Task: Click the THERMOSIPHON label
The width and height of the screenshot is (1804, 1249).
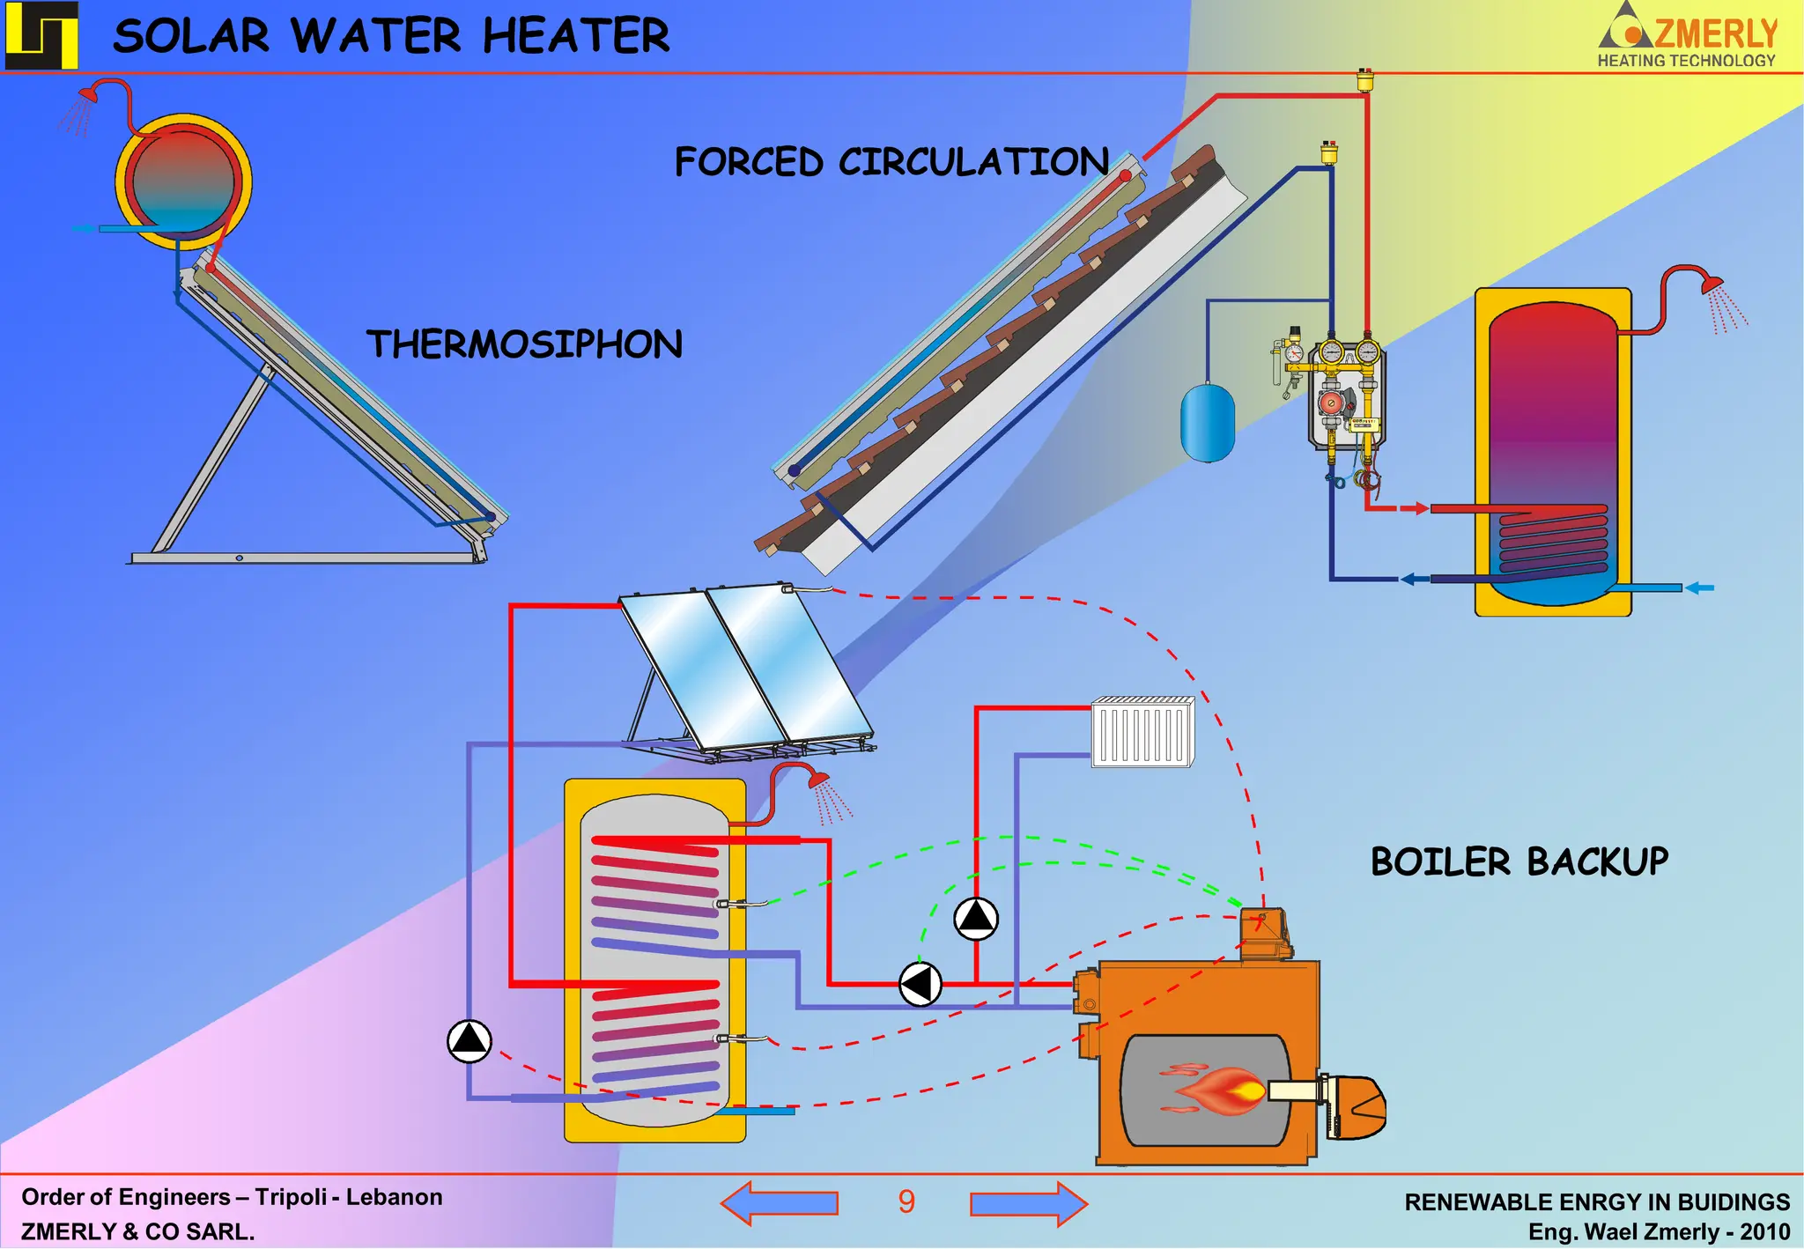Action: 524,344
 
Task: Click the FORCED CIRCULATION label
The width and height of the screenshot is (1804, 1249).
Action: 891,162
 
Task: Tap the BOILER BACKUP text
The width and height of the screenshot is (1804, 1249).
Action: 1519,861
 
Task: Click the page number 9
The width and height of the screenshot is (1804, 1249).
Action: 906,1202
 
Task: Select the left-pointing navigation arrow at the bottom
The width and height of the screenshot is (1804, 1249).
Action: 779,1203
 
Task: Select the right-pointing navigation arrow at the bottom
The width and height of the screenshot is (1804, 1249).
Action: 1029,1203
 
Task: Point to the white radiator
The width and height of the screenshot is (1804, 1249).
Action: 1142,731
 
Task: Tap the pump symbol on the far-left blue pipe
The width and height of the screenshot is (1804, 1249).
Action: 469,1041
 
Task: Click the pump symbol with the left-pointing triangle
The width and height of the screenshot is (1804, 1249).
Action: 920,984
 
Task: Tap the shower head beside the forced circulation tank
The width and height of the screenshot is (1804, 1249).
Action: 1712,285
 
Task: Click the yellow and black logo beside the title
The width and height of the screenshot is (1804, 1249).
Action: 41,35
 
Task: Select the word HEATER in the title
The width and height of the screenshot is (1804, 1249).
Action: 576,36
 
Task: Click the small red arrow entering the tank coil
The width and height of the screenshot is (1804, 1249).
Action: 1413,508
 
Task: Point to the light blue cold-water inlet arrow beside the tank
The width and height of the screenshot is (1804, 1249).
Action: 1699,588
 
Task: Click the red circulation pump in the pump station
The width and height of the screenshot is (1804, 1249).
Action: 1330,403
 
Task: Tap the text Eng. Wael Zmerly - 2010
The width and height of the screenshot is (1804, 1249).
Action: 1659,1231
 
